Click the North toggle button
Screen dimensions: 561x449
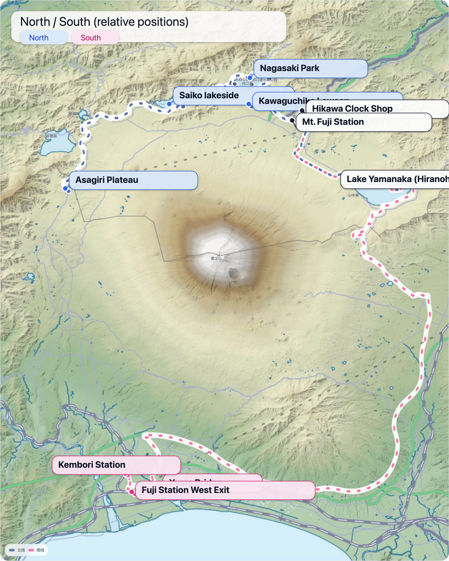(x=43, y=38)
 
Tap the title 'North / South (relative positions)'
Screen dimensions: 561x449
(x=104, y=22)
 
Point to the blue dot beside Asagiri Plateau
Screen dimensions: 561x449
(x=65, y=188)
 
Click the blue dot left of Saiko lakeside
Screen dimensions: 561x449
(x=169, y=104)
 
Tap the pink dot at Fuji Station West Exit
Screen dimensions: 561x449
(x=131, y=492)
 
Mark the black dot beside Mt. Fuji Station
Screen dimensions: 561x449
(x=292, y=120)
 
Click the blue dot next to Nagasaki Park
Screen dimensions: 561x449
(x=250, y=78)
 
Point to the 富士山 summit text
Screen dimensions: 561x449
(x=216, y=258)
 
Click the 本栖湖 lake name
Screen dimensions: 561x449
(x=51, y=136)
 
